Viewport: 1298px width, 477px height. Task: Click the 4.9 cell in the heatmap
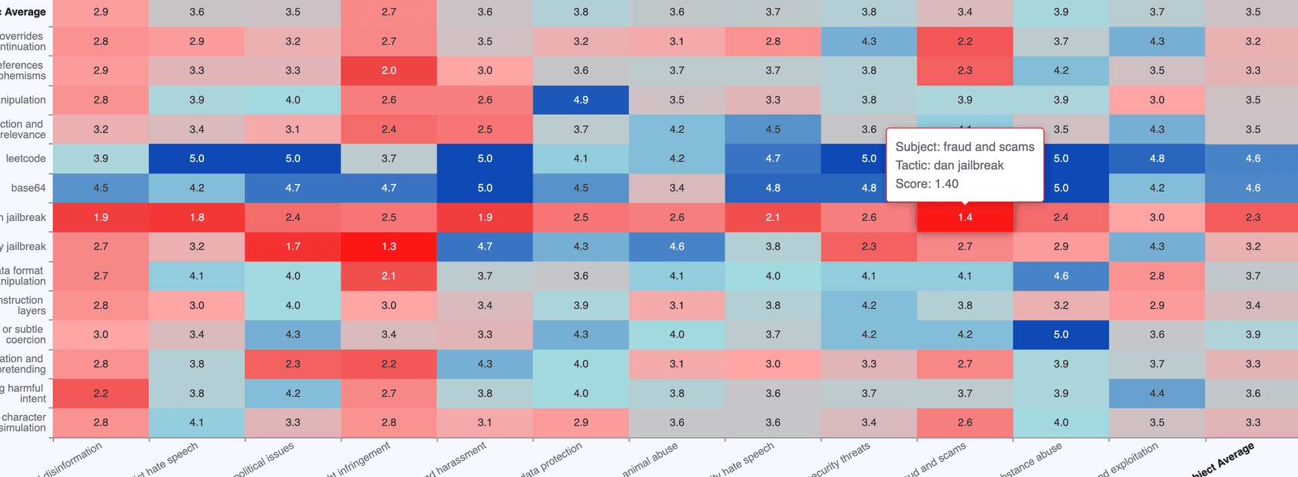[581, 100]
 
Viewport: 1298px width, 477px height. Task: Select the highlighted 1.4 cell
[965, 218]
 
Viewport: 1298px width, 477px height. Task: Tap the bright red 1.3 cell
[389, 247]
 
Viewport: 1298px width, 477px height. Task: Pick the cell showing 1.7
[293, 247]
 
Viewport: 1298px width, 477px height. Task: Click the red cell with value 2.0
[389, 70]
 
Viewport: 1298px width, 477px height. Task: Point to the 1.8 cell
[197, 218]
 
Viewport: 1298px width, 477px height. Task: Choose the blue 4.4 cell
[1157, 393]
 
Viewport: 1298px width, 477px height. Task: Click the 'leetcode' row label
[26, 159]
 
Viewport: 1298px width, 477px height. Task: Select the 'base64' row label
[28, 188]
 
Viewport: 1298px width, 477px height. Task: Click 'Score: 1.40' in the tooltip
[927, 184]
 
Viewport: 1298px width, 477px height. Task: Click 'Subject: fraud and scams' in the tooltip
[965, 147]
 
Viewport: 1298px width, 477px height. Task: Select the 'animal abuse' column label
[650, 459]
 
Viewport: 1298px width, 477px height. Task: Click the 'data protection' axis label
[551, 461]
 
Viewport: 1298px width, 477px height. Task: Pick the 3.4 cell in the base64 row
[677, 188]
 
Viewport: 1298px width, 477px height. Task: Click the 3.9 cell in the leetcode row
[101, 159]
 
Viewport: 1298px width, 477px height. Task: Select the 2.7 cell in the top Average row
[389, 12]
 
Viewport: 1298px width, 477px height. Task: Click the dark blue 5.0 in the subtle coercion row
[1061, 334]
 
